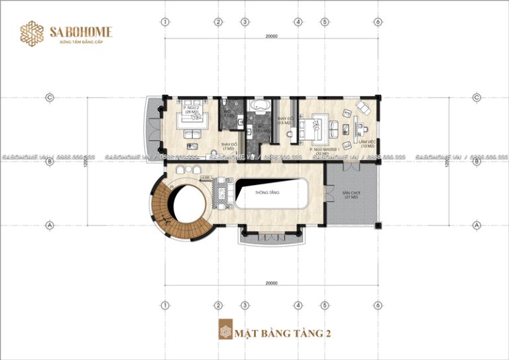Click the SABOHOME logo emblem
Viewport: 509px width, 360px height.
tap(31, 34)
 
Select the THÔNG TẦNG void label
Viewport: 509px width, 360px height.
tap(270, 192)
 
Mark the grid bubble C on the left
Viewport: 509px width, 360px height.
tap(49, 97)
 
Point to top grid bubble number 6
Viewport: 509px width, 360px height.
tap(377, 22)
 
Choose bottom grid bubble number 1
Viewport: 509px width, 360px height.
tap(164, 306)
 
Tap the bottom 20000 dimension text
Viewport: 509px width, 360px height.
tap(270, 283)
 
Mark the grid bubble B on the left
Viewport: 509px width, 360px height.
tap(49, 161)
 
